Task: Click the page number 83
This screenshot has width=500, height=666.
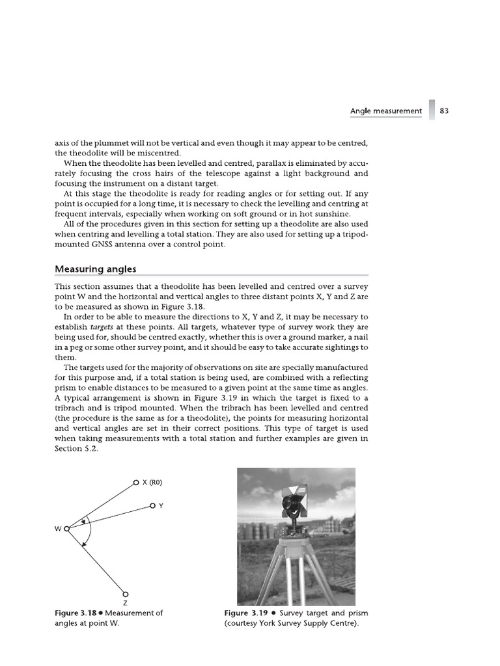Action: coord(445,111)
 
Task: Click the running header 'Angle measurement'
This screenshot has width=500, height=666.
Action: coord(385,111)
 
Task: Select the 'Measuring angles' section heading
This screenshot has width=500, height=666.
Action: coord(95,269)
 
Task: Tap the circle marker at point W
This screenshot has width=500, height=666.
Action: coord(66,529)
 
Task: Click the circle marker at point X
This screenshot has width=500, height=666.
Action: coord(135,483)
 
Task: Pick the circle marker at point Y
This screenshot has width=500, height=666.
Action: coord(152,505)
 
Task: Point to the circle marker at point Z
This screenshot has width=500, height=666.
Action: coord(126,593)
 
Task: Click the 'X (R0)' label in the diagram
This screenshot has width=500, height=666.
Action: coord(152,483)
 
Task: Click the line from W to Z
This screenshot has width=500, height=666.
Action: coord(98,563)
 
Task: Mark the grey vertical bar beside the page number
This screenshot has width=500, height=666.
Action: coord(432,110)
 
